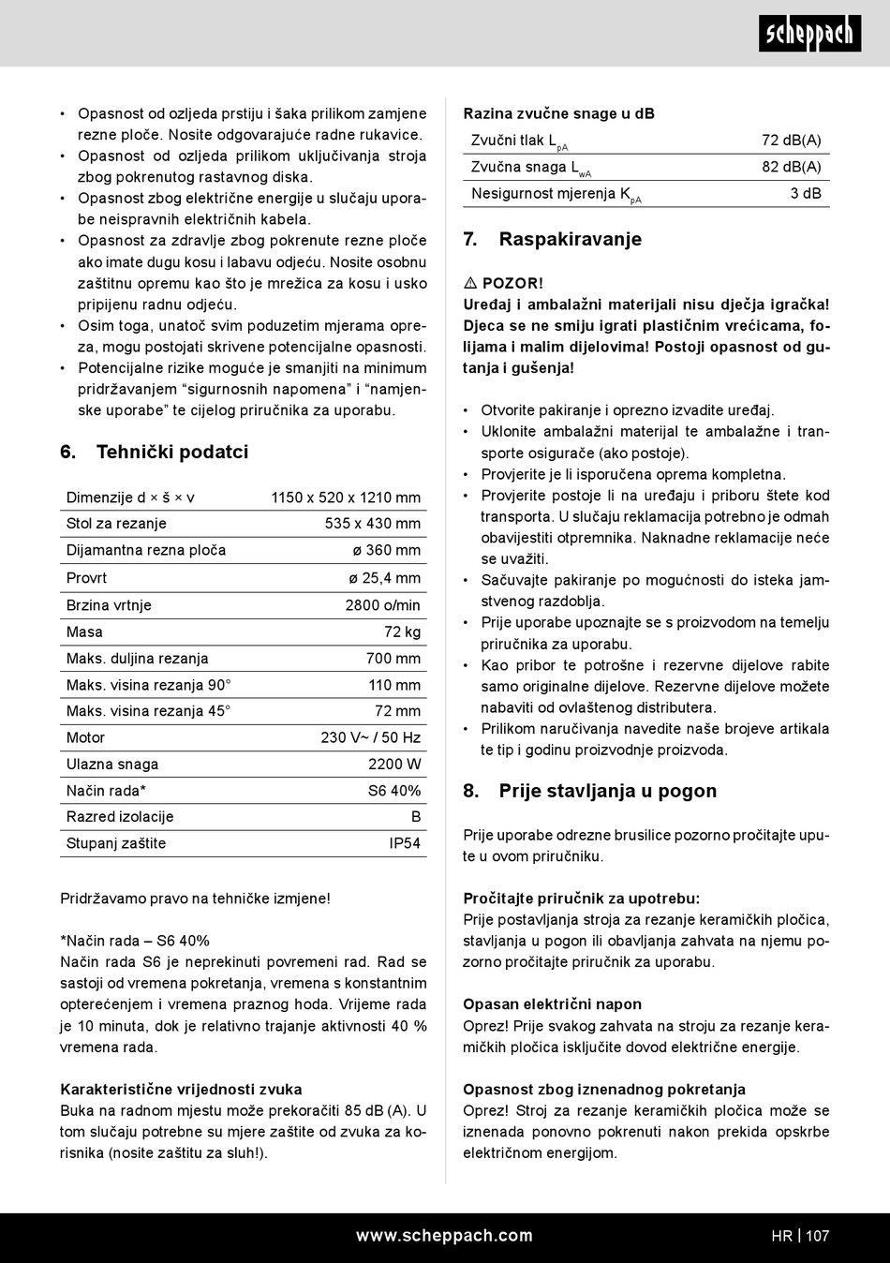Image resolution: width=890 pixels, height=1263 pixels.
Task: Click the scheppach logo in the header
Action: (809, 34)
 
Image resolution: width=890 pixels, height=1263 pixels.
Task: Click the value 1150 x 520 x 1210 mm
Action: (346, 498)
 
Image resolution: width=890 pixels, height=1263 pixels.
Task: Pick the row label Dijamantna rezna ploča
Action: (146, 550)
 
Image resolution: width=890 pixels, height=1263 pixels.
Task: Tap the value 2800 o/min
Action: (382, 605)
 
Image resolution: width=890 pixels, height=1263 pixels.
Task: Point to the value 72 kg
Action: (403, 631)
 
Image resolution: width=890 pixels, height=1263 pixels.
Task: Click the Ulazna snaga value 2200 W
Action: (394, 764)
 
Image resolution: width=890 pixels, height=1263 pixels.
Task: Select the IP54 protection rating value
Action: (405, 843)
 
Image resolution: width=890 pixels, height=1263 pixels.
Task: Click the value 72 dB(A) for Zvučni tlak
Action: (791, 140)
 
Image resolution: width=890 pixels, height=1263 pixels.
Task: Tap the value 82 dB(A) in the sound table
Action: (791, 167)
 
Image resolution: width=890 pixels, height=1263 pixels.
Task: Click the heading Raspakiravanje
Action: (570, 239)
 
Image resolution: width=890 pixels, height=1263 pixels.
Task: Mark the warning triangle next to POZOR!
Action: (470, 283)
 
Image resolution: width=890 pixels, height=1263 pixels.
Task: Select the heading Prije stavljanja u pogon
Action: (607, 791)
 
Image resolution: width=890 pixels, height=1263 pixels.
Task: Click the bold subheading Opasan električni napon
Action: (552, 1003)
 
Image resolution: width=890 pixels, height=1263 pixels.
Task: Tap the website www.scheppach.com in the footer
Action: (444, 1235)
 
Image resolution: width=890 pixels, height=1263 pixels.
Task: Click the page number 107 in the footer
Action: (817, 1236)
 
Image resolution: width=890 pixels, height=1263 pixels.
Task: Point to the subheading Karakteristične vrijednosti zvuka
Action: (181, 1089)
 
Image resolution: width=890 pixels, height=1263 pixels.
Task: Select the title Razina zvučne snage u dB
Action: (558, 113)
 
